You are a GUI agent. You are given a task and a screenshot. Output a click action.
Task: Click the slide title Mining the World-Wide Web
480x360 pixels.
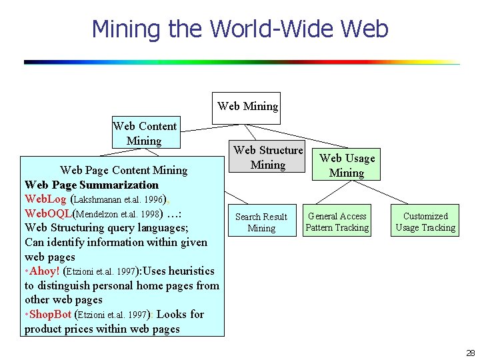(239, 29)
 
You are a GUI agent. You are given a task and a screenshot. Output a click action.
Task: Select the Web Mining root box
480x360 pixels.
(247, 107)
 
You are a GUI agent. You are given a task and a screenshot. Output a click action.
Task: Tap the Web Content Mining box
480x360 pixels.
(145, 133)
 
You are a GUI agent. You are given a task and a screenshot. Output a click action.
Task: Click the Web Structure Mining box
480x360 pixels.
(268, 157)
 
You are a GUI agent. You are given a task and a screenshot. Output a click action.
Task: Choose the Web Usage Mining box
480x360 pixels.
(347, 165)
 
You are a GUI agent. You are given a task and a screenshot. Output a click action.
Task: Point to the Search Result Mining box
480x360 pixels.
(261, 222)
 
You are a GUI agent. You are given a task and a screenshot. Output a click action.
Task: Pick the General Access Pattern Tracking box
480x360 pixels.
(337, 221)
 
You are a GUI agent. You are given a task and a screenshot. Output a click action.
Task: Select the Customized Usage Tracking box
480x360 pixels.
(425, 221)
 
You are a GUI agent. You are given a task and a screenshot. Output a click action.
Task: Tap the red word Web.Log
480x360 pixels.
(46, 199)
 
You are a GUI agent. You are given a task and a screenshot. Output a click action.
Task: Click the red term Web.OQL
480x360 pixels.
(47, 213)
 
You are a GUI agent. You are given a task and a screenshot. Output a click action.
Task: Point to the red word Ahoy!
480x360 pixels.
(44, 271)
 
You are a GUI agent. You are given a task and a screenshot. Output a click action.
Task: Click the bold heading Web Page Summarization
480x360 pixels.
(91, 185)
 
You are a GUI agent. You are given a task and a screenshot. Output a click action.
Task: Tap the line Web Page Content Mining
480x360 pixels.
(123, 170)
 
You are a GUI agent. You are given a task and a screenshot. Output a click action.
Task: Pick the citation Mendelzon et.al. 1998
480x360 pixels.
(117, 214)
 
